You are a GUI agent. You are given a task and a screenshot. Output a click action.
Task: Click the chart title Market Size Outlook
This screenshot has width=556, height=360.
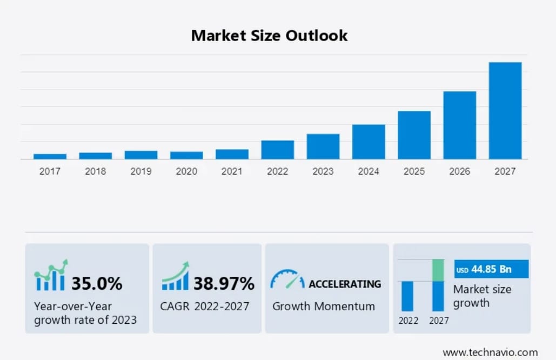click(x=269, y=36)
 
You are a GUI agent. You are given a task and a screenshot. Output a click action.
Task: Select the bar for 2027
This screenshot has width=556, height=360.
click(x=505, y=110)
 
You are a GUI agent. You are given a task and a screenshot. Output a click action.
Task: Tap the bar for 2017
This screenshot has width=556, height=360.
click(x=50, y=156)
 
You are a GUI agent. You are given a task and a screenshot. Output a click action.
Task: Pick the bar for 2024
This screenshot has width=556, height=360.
click(x=369, y=142)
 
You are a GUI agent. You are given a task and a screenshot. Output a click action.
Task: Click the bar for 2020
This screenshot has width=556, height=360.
click(x=186, y=155)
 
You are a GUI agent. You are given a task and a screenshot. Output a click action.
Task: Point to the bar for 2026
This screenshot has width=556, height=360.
click(x=460, y=125)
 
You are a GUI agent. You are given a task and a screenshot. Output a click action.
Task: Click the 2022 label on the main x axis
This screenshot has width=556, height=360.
click(x=277, y=171)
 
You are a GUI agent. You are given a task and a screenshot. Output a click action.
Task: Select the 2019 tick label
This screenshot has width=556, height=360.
click(x=141, y=171)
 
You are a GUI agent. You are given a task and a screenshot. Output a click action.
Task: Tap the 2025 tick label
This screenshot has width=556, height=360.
click(x=414, y=171)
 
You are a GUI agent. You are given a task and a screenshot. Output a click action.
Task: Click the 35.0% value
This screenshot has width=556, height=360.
click(x=97, y=283)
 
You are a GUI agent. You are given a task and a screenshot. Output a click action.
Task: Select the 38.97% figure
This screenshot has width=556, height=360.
click(x=224, y=283)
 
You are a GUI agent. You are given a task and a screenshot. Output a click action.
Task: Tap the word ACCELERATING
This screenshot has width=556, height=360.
click(x=344, y=284)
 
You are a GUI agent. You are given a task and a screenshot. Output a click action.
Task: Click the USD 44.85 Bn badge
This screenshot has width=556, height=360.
click(x=491, y=269)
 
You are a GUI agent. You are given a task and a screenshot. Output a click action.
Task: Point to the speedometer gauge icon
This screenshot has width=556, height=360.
click(x=287, y=279)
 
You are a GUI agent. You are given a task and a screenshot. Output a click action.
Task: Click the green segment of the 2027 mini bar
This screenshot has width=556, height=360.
click(x=438, y=270)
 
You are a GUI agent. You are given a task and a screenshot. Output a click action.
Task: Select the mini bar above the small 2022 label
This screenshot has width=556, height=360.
click(x=407, y=296)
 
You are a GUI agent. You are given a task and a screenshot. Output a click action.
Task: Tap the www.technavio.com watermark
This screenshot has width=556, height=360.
click(x=490, y=352)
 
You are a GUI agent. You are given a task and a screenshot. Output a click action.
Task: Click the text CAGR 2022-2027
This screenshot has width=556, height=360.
click(x=204, y=306)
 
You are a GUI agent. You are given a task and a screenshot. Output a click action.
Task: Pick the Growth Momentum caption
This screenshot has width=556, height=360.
click(x=323, y=306)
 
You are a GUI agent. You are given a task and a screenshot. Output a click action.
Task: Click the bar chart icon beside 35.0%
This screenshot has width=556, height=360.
click(x=51, y=276)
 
